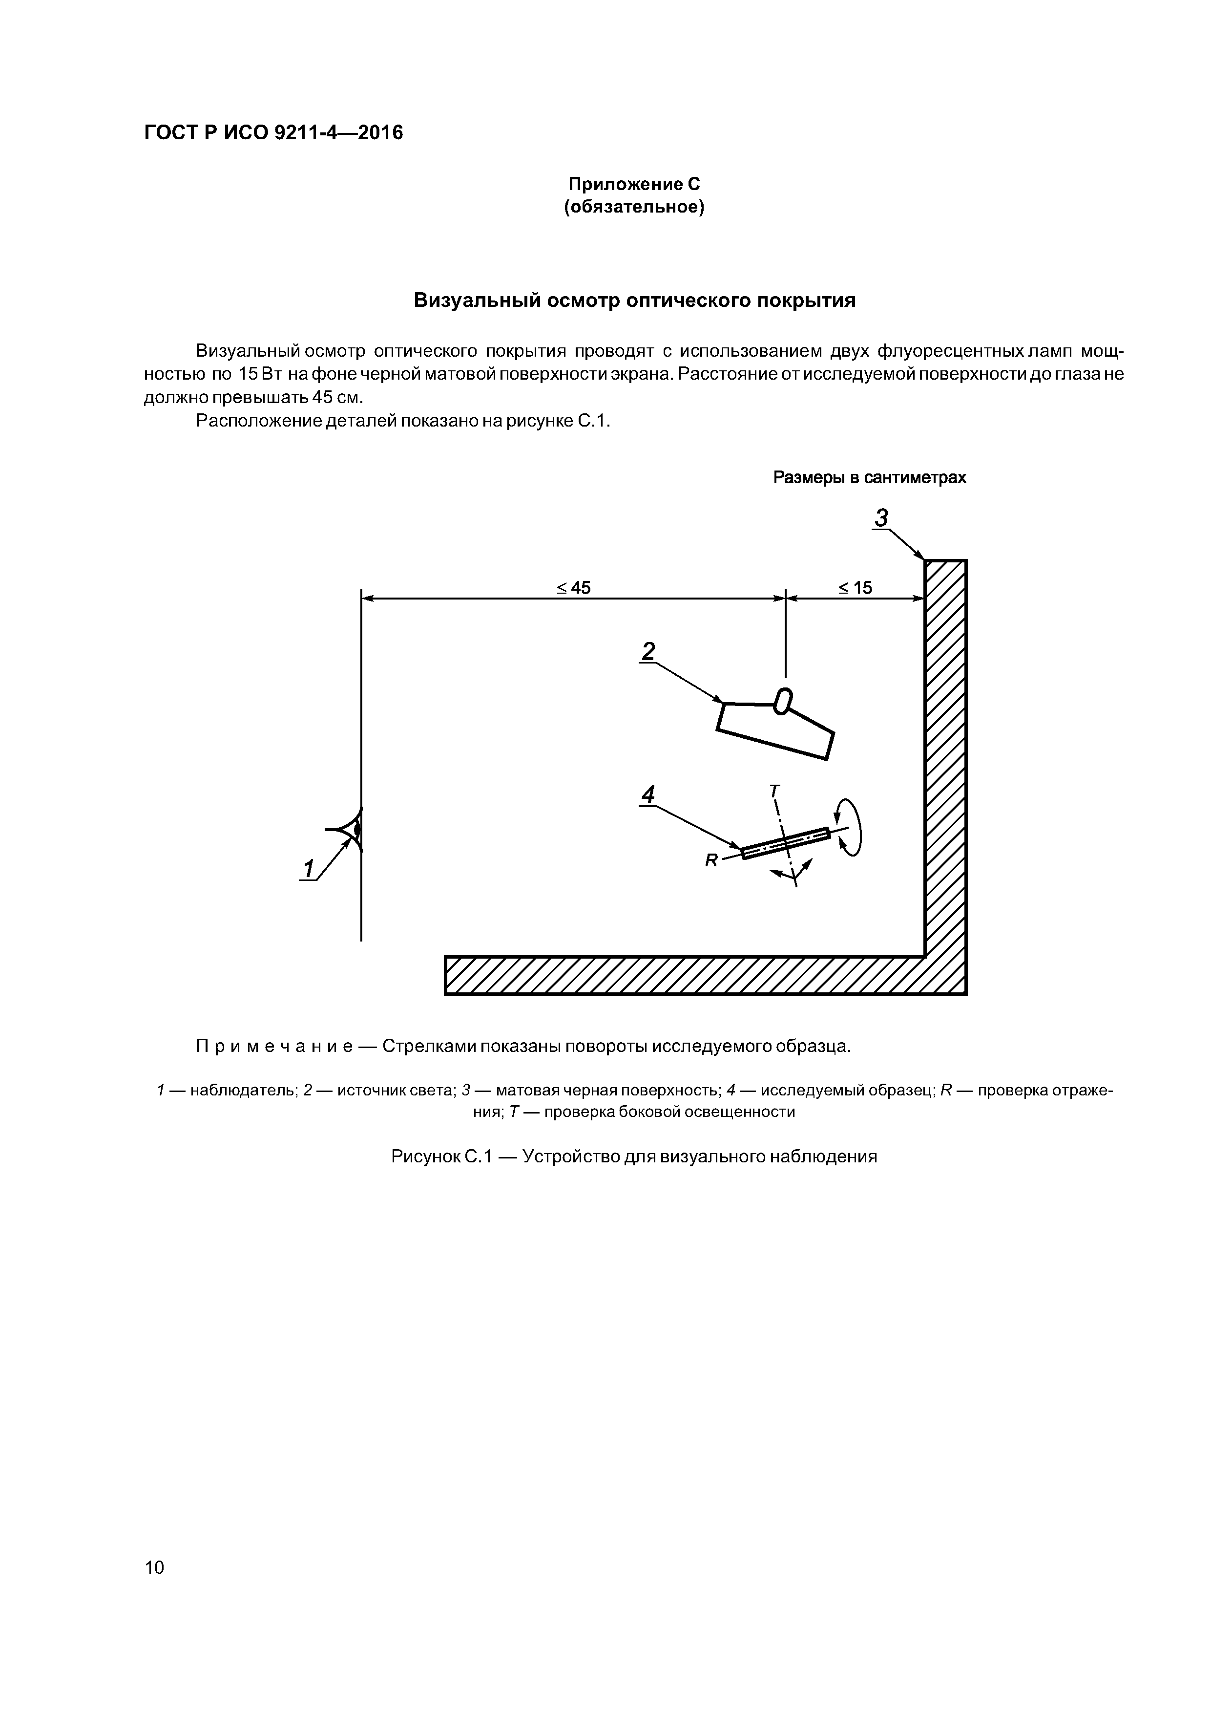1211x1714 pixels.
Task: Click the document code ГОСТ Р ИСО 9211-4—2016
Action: coord(273,133)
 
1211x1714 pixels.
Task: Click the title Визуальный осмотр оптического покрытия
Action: coord(634,301)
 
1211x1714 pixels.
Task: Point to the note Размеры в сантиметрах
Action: coord(869,478)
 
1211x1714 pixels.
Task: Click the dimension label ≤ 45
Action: coord(573,588)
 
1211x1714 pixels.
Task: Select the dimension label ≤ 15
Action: coord(855,588)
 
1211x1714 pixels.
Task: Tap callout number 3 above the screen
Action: coord(882,517)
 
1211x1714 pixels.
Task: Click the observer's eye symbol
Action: coord(351,829)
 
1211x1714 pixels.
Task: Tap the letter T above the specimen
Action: coord(774,791)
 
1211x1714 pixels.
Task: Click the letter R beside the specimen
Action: coord(710,861)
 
